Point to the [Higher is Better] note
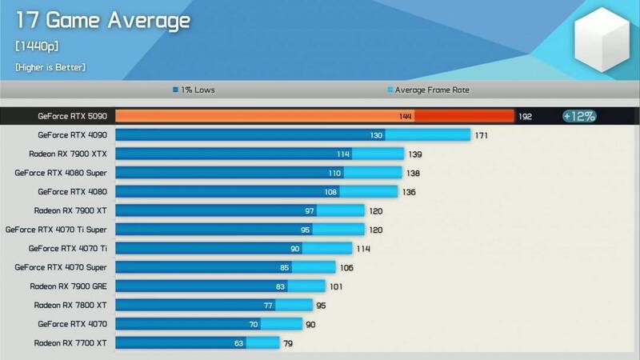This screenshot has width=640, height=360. [x=50, y=67]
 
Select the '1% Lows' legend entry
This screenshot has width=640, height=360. [x=194, y=90]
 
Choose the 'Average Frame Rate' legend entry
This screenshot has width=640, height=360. [x=429, y=90]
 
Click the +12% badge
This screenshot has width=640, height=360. [x=578, y=116]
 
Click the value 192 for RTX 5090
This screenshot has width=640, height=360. [x=526, y=116]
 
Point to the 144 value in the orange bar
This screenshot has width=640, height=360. [x=406, y=116]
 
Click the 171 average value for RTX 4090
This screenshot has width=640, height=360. [x=482, y=135]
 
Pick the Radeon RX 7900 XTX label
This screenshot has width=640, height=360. [x=73, y=154]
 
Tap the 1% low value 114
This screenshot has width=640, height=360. [x=344, y=154]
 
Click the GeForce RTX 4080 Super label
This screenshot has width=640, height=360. [x=66, y=173]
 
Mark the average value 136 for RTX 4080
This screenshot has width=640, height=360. [x=409, y=192]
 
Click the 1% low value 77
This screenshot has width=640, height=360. [x=268, y=305]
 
